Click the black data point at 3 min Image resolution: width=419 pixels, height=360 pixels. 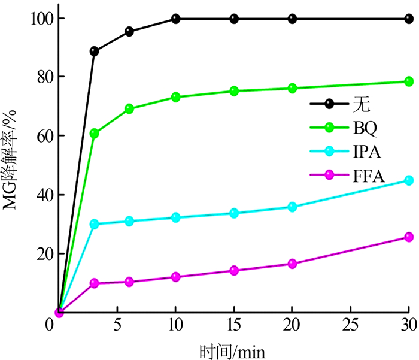[x=94, y=52]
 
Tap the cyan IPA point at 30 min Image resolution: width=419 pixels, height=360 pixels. [x=409, y=180]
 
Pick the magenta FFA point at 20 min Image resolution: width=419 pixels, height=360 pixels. [x=293, y=264]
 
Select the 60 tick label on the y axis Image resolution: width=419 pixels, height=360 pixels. [x=37, y=136]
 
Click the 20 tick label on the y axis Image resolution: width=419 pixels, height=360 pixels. [x=37, y=253]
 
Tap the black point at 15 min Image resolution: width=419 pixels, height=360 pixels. [x=234, y=19]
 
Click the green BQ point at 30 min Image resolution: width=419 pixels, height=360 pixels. [x=409, y=81]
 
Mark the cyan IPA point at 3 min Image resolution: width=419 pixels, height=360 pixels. [x=94, y=224]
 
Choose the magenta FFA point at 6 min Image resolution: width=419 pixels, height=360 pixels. [x=129, y=282]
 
